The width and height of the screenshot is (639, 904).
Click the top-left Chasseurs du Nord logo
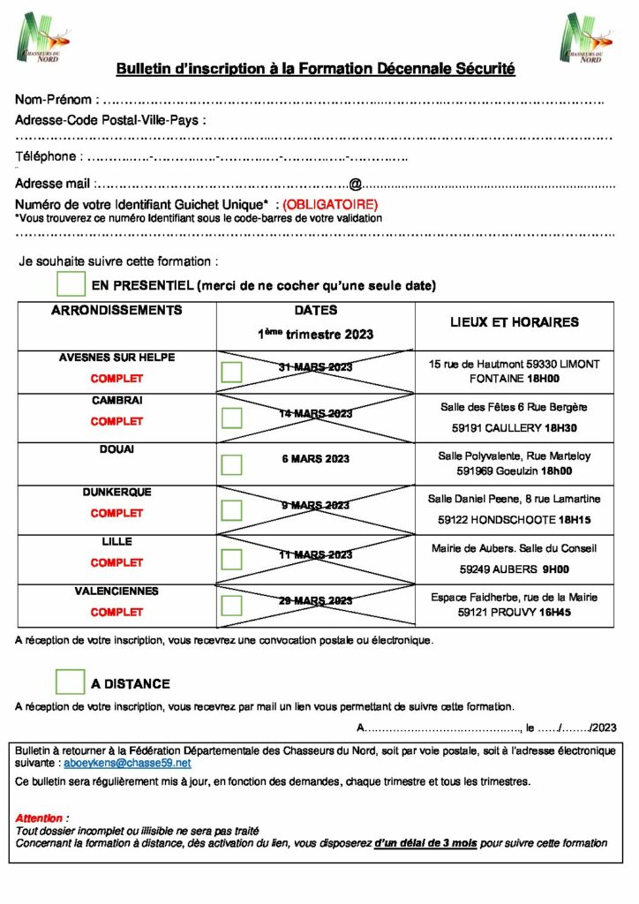42,37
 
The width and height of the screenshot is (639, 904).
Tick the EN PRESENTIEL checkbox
70,284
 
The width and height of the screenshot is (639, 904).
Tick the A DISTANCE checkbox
70,682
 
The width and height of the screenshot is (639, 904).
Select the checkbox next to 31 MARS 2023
231,371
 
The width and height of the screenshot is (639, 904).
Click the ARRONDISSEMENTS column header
117,311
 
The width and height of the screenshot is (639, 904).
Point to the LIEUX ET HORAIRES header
514,322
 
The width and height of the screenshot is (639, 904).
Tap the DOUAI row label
117,449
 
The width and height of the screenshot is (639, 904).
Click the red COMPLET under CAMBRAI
117,421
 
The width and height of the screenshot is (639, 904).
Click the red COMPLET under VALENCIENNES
117,612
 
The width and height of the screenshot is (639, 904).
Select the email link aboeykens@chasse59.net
127,761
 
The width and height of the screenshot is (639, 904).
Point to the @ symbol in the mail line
355,185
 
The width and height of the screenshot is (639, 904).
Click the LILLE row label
117,541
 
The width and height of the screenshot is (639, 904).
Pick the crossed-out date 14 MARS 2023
315,413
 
